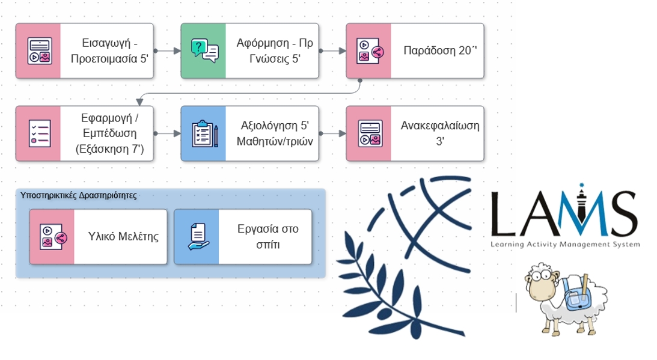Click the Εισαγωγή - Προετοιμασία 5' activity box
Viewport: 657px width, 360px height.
[x=84, y=50]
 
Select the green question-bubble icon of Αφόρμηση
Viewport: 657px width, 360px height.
[x=204, y=50]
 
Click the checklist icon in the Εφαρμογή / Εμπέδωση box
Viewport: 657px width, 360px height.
[x=38, y=134]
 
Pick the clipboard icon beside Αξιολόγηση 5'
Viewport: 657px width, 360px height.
[x=204, y=134]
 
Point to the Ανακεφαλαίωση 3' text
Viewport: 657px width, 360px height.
[x=439, y=133]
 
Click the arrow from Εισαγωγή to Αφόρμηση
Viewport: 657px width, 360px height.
[x=167, y=51]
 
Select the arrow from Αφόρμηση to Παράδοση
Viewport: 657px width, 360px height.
[x=332, y=51]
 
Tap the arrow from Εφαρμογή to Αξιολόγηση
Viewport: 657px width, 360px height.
[x=167, y=134]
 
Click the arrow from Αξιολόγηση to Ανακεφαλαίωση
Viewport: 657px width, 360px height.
[x=332, y=134]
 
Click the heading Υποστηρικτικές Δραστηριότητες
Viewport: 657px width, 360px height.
[x=78, y=195]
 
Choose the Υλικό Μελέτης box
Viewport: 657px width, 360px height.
[x=98, y=237]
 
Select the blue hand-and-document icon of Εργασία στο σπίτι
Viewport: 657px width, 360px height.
[x=197, y=237]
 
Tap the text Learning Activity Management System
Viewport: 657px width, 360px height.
[x=565, y=245]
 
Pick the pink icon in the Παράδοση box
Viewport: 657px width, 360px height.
[x=368, y=50]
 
